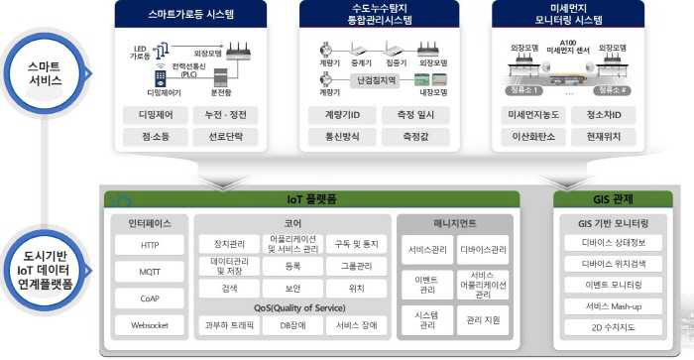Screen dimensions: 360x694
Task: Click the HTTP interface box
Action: click(x=150, y=245)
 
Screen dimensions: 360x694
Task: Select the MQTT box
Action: click(x=150, y=271)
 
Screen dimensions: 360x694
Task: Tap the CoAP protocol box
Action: click(x=150, y=298)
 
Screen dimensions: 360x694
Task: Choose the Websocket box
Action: click(x=150, y=324)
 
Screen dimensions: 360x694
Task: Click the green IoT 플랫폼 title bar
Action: click(x=309, y=199)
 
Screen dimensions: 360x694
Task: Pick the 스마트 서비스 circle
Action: click(x=45, y=71)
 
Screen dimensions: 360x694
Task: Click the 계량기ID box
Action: click(x=339, y=116)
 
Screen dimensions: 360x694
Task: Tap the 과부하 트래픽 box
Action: click(x=232, y=324)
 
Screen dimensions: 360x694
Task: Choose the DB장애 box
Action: click(x=293, y=324)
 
